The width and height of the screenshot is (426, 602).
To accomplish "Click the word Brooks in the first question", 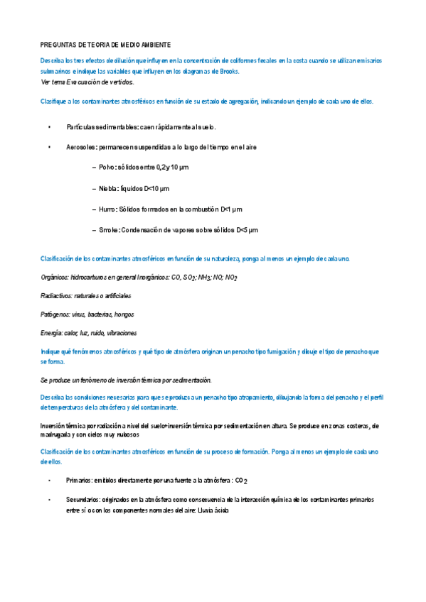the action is click(229, 72).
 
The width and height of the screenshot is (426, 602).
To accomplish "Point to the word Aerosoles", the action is click(81, 147).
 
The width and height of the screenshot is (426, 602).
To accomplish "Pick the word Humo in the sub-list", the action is click(108, 209).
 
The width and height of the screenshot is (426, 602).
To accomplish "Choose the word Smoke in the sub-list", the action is click(109, 230).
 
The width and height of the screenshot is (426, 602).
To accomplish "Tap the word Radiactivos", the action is click(56, 295).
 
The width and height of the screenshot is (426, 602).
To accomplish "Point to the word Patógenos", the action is click(55, 314).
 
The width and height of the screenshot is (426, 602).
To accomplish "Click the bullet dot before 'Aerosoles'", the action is click(49, 147).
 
